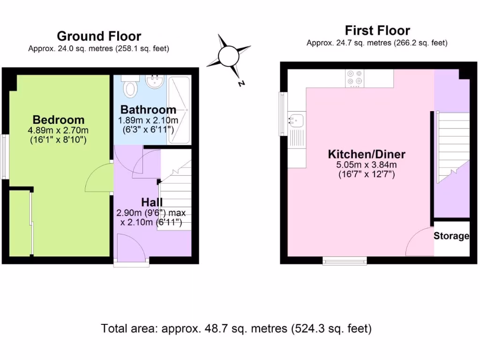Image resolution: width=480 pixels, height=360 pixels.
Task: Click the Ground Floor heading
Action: click(x=99, y=36)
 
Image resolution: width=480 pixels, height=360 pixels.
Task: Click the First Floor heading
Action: click(x=377, y=31)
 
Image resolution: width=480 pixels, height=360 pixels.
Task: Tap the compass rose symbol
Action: click(x=229, y=56)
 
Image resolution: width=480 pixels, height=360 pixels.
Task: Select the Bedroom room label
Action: click(x=59, y=120)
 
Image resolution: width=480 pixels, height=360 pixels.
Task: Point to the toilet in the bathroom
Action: click(x=129, y=87)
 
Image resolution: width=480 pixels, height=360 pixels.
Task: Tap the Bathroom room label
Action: click(x=148, y=110)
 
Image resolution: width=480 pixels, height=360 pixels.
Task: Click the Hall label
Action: click(x=152, y=202)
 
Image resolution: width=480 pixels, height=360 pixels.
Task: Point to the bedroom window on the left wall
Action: click(x=4, y=157)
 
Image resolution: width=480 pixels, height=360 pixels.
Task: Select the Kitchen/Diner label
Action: click(x=367, y=154)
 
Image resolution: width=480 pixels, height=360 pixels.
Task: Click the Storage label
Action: click(x=451, y=236)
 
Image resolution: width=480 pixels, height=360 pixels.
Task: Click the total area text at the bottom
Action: click(x=236, y=329)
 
